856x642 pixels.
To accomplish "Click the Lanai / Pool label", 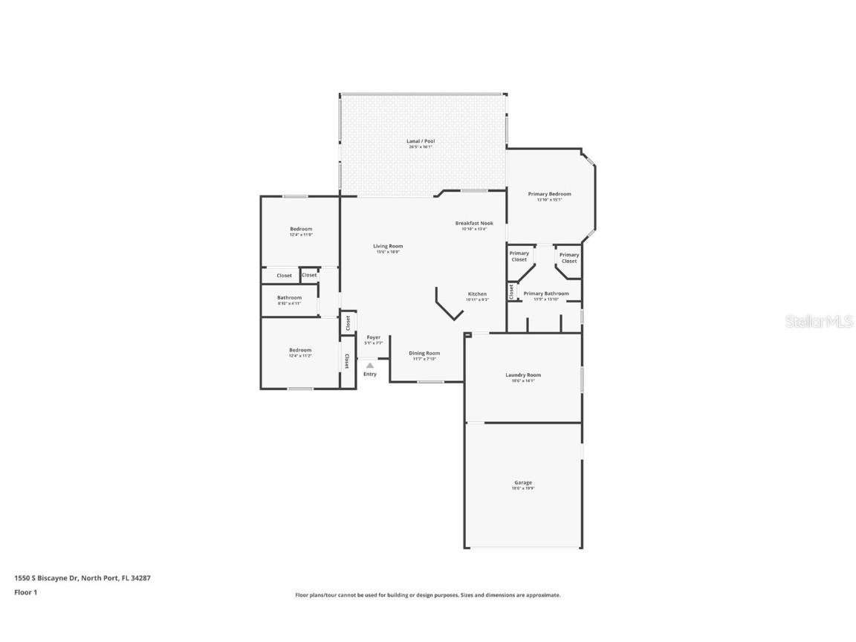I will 420,140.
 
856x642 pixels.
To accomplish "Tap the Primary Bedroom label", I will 549,194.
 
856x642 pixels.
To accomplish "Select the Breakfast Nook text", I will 474,223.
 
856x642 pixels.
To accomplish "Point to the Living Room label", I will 388,246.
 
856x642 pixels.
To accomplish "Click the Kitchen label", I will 477,294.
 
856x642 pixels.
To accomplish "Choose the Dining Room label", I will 424,353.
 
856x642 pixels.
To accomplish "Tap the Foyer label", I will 373,337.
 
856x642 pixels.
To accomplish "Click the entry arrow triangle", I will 370,365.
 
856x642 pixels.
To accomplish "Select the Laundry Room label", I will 523,375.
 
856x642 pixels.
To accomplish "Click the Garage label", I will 523,482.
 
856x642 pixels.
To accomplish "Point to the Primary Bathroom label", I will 546,294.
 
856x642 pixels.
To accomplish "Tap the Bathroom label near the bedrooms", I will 289,298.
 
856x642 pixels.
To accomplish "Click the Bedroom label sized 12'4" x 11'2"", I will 300,350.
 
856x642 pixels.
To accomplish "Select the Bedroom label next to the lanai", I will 300,229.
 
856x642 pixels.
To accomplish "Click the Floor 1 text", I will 25,592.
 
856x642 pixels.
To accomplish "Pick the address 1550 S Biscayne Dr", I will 82,577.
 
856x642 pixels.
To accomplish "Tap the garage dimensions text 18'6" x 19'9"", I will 523,488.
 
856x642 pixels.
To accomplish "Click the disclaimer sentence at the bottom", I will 427,595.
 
